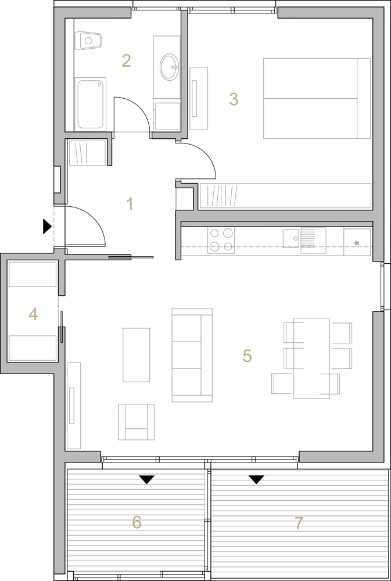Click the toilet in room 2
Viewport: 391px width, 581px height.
pyautogui.click(x=88, y=41)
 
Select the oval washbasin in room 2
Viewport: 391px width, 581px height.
pyautogui.click(x=169, y=67)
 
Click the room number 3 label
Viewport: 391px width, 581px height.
pyautogui.click(x=234, y=99)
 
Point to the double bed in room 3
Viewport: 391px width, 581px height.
pyautogui.click(x=317, y=98)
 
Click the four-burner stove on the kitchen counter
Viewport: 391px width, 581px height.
pyautogui.click(x=221, y=240)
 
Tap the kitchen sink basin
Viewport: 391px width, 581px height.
pyautogui.click(x=291, y=238)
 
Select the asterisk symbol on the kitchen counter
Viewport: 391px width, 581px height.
pyautogui.click(x=356, y=243)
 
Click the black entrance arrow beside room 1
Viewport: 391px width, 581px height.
pyautogui.click(x=47, y=227)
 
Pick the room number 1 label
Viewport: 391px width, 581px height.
pyautogui.click(x=130, y=204)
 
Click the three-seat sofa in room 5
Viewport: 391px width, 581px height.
pyautogui.click(x=192, y=355)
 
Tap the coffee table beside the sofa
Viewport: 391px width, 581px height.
pyautogui.click(x=137, y=354)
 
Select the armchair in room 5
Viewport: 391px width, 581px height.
pyautogui.click(x=136, y=422)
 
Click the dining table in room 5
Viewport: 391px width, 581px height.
pyautogui.click(x=311, y=358)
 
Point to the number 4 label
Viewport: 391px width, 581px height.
pyautogui.click(x=33, y=314)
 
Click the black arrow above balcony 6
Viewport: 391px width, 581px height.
pyautogui.click(x=147, y=480)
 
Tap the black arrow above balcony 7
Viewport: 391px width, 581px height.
pyautogui.click(x=256, y=480)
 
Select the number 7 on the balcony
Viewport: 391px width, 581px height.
pyautogui.click(x=299, y=523)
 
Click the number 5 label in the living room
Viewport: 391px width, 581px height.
pyautogui.click(x=247, y=356)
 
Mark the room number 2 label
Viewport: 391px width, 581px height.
pyautogui.click(x=127, y=61)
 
